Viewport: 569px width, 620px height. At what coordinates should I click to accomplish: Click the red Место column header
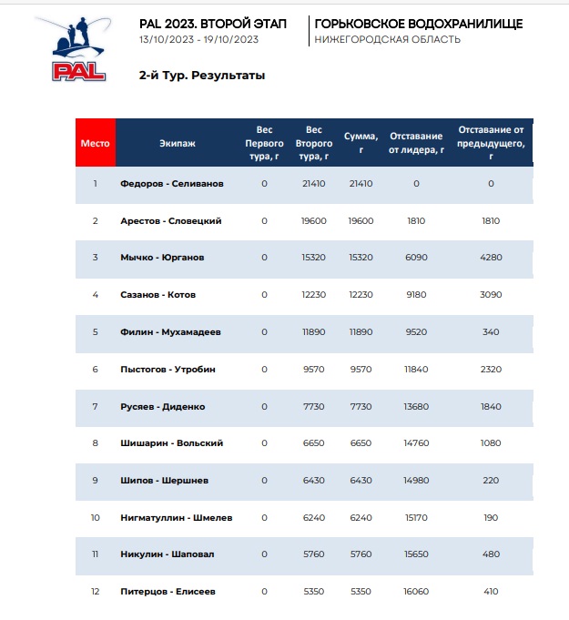click(x=95, y=143)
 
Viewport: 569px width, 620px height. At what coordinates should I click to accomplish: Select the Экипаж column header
click(x=178, y=143)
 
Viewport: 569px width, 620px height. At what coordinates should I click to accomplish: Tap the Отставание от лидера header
click(x=415, y=143)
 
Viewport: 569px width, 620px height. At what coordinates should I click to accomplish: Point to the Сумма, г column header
click(x=361, y=143)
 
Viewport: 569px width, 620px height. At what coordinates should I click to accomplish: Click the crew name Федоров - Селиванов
click(x=171, y=184)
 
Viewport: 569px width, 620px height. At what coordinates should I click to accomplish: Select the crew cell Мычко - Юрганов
click(x=162, y=258)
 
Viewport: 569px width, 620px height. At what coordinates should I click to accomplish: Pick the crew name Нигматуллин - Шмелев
click(x=177, y=517)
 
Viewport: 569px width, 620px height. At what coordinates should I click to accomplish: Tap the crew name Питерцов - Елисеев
click(x=168, y=591)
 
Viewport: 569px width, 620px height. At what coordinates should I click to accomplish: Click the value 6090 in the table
click(x=415, y=258)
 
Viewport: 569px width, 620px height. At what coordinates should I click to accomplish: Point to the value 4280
click(x=491, y=258)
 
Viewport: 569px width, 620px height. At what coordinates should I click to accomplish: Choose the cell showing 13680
click(x=415, y=406)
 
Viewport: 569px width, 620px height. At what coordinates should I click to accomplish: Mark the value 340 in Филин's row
click(x=491, y=331)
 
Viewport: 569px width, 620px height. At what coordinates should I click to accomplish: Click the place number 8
click(x=95, y=443)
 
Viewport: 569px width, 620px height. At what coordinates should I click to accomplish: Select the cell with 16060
click(x=415, y=591)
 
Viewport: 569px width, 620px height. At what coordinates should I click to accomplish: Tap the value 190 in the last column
click(x=491, y=517)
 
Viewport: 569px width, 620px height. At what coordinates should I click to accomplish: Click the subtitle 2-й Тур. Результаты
click(x=202, y=76)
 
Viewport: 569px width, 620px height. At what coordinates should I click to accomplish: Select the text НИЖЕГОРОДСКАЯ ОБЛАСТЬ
click(x=387, y=39)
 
